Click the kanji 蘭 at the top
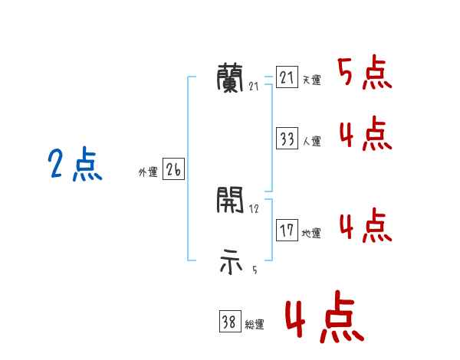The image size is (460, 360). tap(231, 77)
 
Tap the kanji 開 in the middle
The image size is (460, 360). tap(231, 201)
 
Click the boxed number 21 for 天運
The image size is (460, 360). tap(287, 78)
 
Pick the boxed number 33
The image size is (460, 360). tap(287, 139)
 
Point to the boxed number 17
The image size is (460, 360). tap(287, 231)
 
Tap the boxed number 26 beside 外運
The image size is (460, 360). tap(173, 170)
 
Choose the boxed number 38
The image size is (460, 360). tap(229, 322)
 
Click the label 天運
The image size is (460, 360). tap(311, 80)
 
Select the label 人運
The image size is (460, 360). tap(311, 142)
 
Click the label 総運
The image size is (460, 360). tap(255, 325)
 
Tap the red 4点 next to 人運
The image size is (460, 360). tap(365, 136)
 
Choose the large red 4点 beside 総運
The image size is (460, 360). tap(324, 319)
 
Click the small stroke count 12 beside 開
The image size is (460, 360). tap(254, 209)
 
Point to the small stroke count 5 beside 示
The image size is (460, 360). tap(254, 270)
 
